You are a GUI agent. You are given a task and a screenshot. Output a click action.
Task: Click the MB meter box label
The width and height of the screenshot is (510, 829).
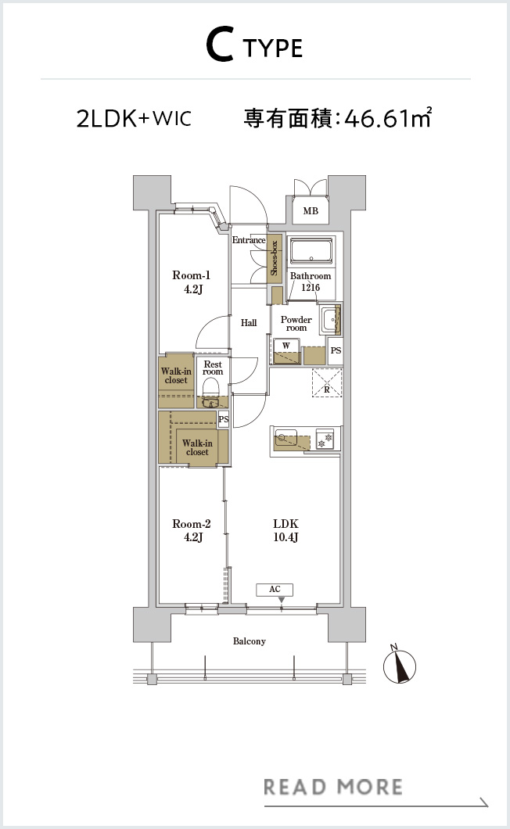tap(311, 211)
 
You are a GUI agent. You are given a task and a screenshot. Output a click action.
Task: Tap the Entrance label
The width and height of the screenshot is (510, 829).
tap(249, 240)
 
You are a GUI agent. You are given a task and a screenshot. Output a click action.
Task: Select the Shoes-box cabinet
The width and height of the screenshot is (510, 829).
tap(274, 258)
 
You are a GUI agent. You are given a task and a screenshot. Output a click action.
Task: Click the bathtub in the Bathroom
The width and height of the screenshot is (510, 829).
tap(311, 250)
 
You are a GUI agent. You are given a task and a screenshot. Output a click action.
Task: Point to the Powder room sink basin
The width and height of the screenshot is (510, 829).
tap(330, 319)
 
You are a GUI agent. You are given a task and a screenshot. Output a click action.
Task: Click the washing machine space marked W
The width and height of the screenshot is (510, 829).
tap(286, 350)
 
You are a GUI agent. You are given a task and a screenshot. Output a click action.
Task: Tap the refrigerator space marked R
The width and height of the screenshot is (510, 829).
tap(327, 383)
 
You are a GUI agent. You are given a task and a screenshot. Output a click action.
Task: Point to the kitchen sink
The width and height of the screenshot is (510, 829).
tap(286, 438)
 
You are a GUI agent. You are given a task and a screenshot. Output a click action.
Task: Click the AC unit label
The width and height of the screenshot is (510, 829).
tap(275, 589)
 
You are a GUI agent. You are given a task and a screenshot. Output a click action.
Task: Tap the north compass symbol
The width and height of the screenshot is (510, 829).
tap(400, 665)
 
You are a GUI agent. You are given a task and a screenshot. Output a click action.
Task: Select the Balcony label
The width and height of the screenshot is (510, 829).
tap(250, 641)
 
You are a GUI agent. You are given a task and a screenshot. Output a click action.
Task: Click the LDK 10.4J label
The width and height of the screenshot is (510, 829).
tap(286, 530)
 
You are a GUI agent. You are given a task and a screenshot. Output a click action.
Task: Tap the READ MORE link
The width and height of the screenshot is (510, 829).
tap(333, 788)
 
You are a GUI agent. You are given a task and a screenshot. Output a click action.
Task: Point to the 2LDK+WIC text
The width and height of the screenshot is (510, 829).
tap(134, 118)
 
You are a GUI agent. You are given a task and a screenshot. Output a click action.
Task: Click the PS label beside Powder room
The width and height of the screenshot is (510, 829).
tap(336, 350)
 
